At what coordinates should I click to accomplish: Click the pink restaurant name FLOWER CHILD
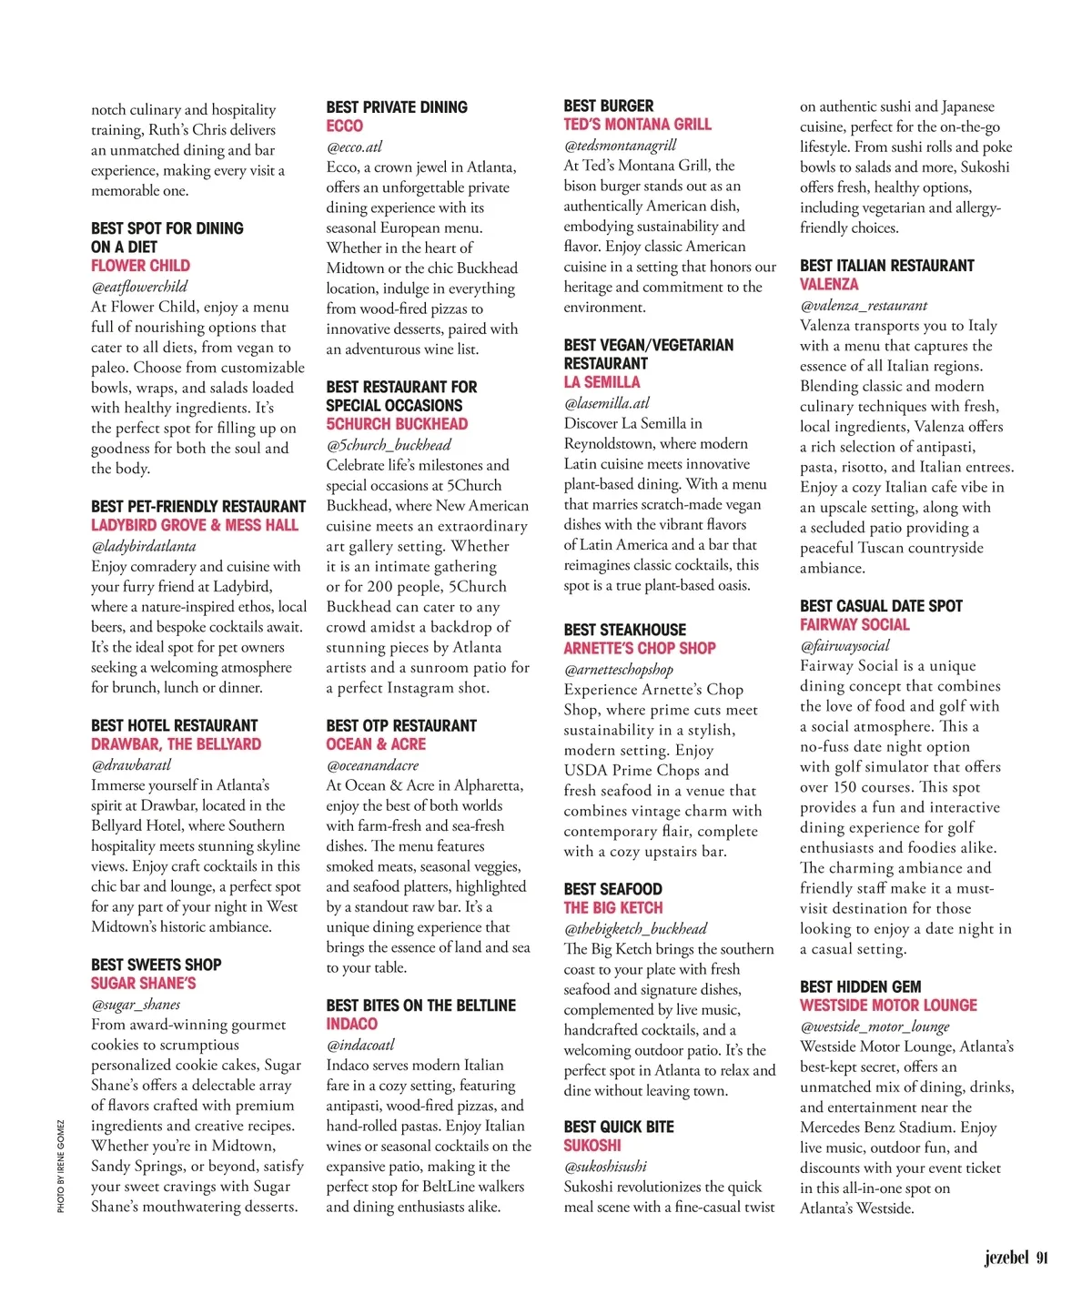tap(140, 266)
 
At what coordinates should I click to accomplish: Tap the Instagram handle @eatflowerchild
tap(139, 287)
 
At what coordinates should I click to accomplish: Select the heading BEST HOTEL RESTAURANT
tap(174, 725)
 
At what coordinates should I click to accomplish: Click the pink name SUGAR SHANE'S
tap(143, 984)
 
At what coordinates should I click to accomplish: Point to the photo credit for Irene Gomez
tap(61, 1166)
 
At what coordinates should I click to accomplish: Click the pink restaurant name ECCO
tap(344, 126)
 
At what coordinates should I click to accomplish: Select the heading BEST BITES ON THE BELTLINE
tap(420, 1006)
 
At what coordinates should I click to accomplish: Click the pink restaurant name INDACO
tap(351, 1024)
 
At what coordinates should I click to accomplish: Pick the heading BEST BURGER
tap(608, 106)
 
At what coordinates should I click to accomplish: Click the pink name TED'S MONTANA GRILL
tap(637, 125)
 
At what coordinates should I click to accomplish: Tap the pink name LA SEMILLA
tap(602, 382)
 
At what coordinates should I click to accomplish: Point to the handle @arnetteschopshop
tap(619, 670)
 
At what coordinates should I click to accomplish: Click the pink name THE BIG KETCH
tap(612, 908)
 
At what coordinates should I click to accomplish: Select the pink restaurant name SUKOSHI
tap(591, 1146)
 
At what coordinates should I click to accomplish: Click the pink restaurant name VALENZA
tap(829, 284)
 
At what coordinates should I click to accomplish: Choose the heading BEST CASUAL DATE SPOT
tap(881, 606)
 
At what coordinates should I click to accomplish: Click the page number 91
tap(1042, 1258)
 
